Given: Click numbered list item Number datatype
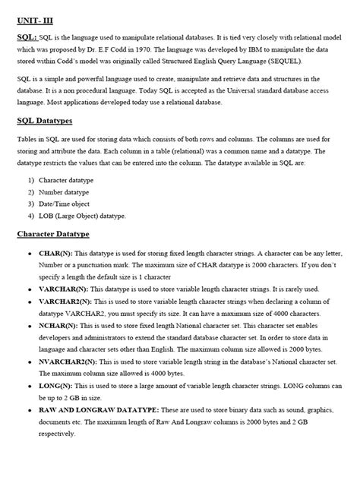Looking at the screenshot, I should click(x=60, y=193).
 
